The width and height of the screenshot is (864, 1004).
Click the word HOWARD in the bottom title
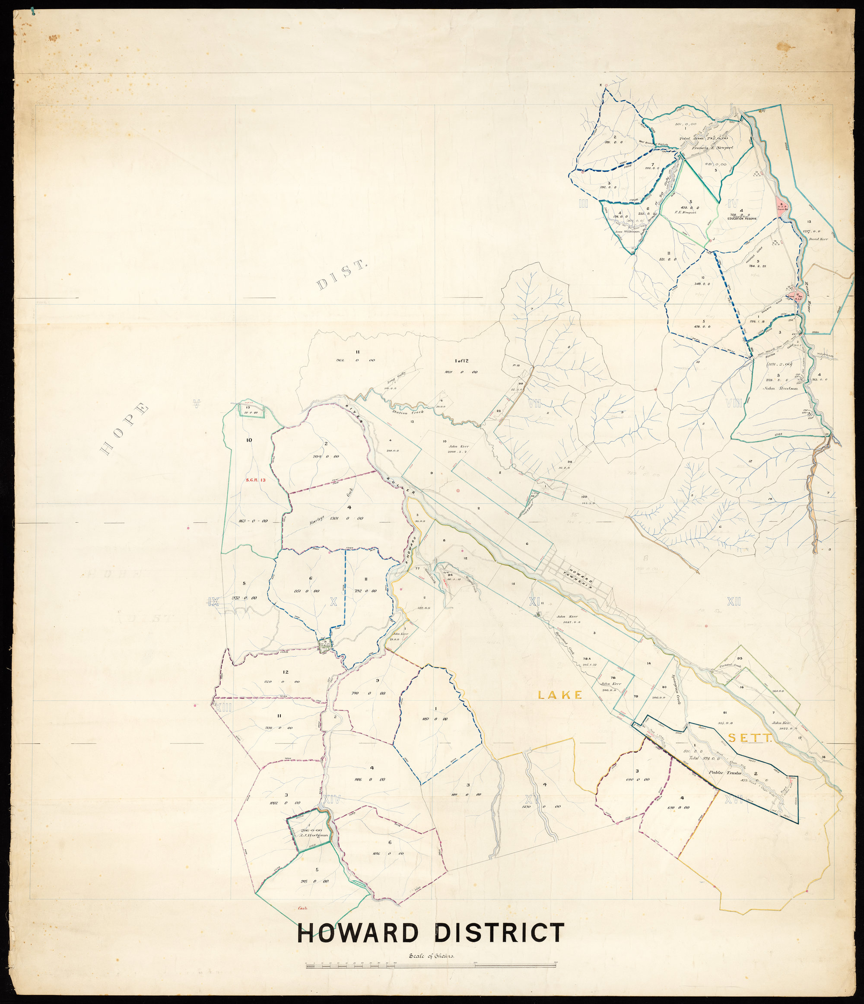click(x=358, y=933)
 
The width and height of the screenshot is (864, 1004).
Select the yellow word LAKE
click(x=560, y=695)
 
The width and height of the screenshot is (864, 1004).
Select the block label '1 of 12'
click(x=461, y=360)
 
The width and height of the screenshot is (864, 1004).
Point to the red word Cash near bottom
click(x=304, y=909)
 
